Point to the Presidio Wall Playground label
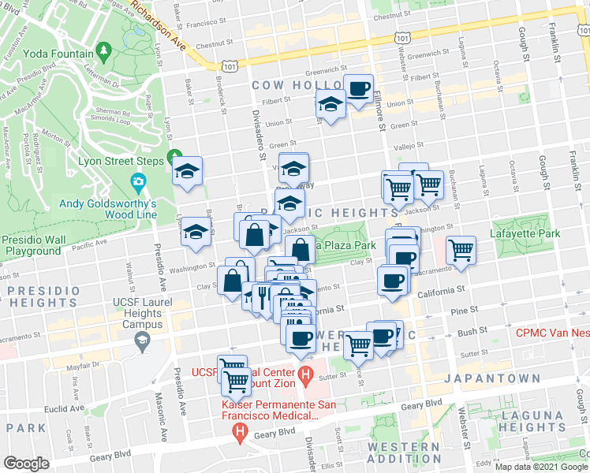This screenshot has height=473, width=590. tap(32, 245)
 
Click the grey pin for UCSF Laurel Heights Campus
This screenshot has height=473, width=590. tap(143, 340)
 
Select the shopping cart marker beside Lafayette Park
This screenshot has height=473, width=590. tap(461, 250)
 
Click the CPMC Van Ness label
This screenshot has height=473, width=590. tap(553, 333)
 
